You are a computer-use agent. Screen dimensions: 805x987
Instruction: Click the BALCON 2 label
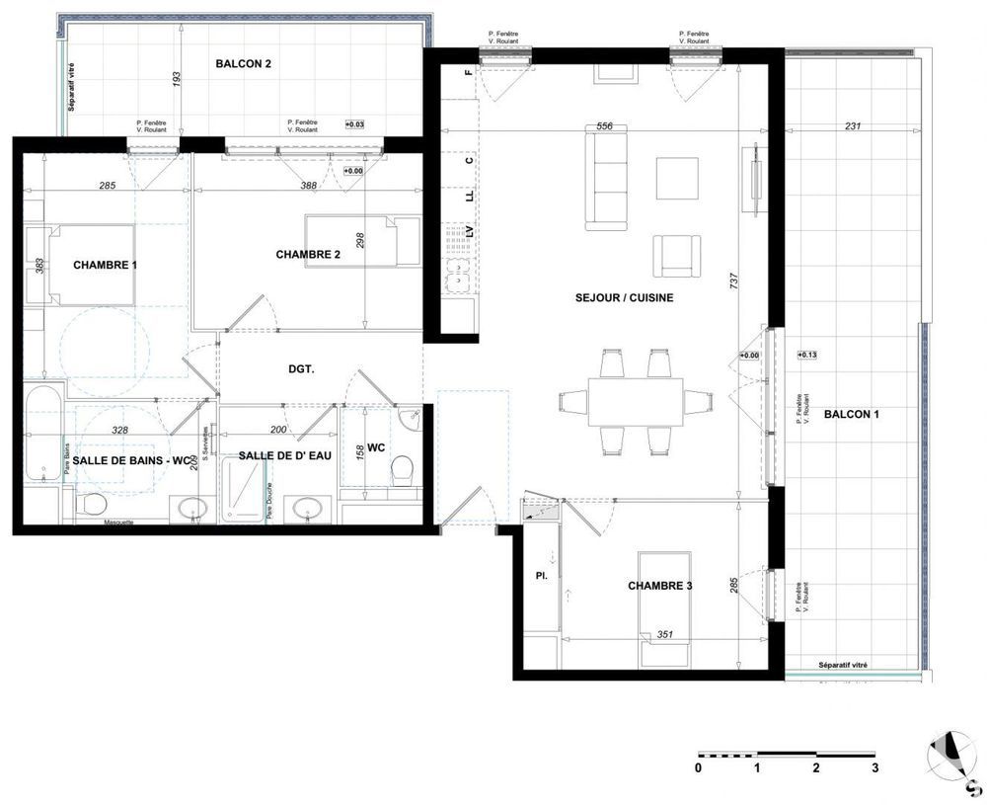(x=243, y=63)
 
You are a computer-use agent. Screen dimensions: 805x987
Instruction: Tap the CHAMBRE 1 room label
(x=105, y=265)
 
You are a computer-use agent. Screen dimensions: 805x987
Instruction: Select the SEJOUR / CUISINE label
(x=625, y=297)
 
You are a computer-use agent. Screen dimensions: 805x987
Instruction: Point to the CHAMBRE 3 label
(x=659, y=586)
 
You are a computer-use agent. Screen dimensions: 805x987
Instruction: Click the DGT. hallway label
(x=301, y=369)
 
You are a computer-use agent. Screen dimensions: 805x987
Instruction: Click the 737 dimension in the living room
(x=733, y=282)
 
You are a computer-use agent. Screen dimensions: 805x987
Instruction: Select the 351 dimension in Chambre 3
(x=665, y=635)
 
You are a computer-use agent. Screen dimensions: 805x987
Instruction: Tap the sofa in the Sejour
(x=606, y=179)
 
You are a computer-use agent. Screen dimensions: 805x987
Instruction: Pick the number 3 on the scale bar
(x=874, y=767)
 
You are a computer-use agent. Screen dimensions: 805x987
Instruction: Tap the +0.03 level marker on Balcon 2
(x=354, y=124)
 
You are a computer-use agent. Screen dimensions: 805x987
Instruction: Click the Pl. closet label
(x=541, y=572)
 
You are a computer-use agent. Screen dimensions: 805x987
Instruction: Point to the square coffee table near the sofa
(x=677, y=178)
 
